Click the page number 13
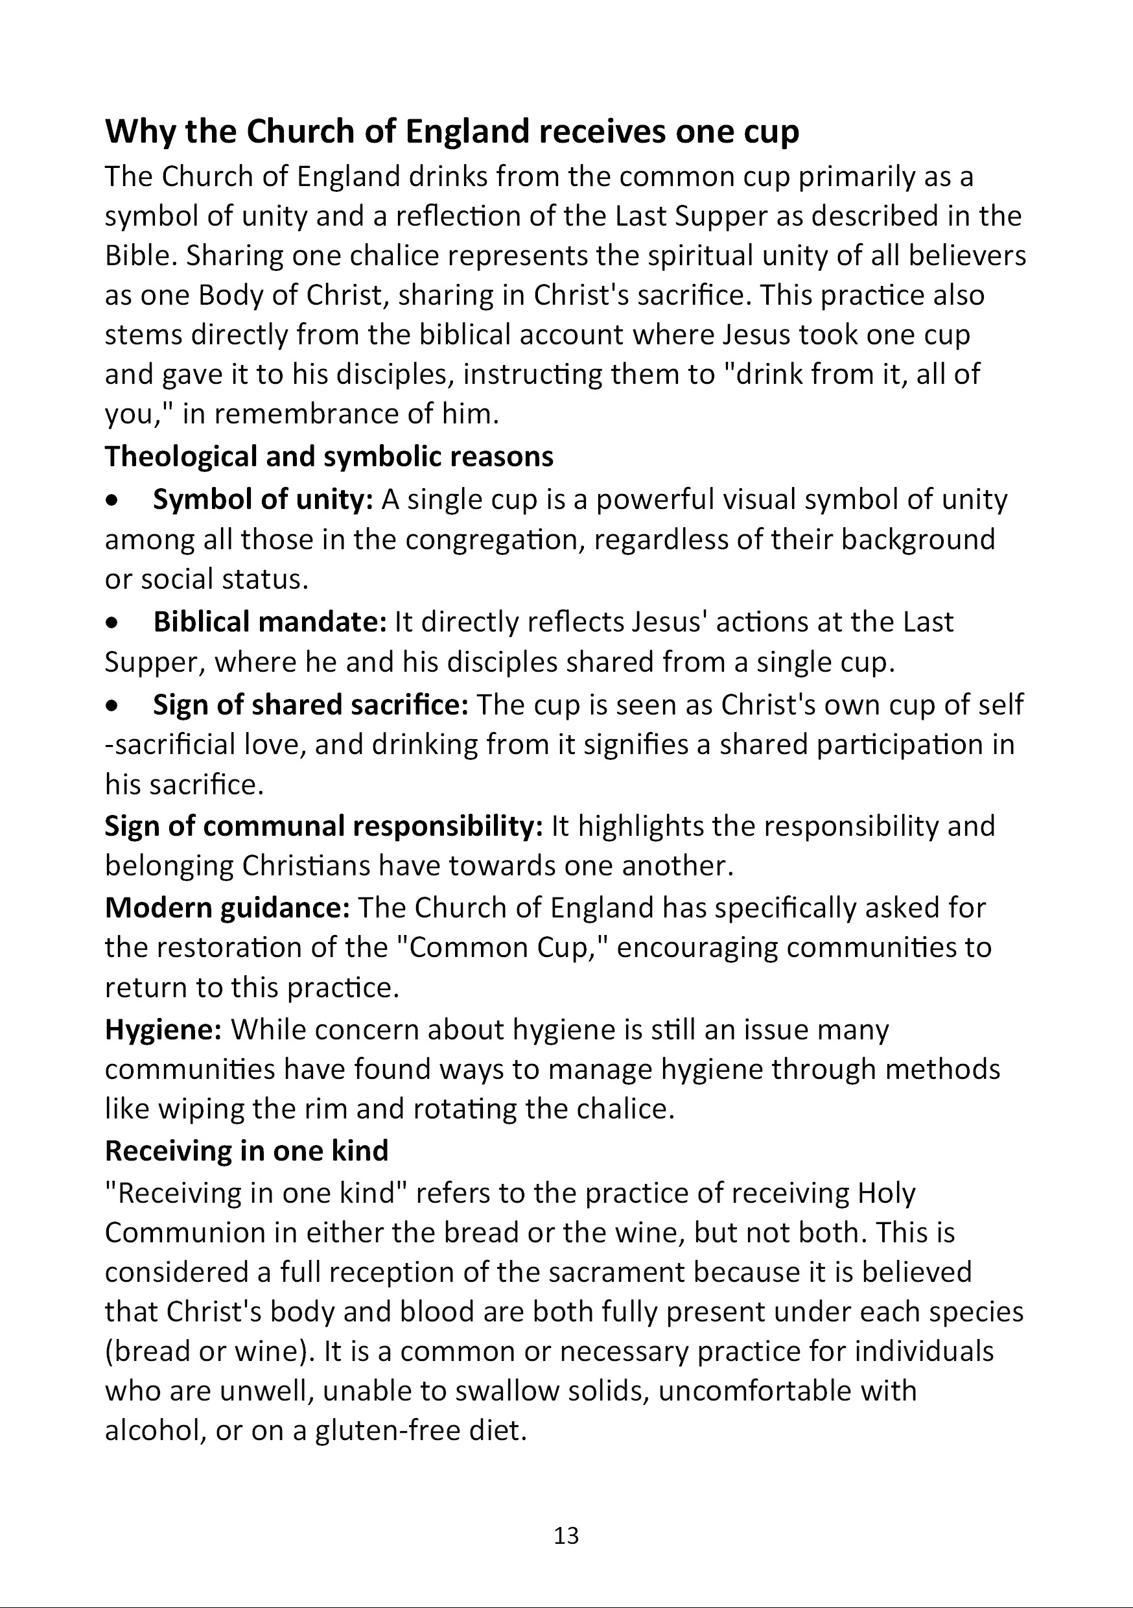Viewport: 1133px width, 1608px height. (x=566, y=1535)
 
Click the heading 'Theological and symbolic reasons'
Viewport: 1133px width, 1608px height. (x=329, y=456)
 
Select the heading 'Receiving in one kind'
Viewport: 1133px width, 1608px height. (x=246, y=1151)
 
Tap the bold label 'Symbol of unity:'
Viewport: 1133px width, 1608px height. (x=263, y=499)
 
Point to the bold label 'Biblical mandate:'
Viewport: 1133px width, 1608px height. (x=270, y=622)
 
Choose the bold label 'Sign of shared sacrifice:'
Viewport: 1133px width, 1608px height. (x=310, y=705)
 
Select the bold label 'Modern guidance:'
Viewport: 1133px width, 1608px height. (x=227, y=908)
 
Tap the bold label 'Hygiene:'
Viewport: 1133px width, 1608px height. (x=163, y=1030)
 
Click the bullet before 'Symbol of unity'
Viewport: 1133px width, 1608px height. (x=111, y=501)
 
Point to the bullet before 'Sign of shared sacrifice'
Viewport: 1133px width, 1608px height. (x=111, y=706)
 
